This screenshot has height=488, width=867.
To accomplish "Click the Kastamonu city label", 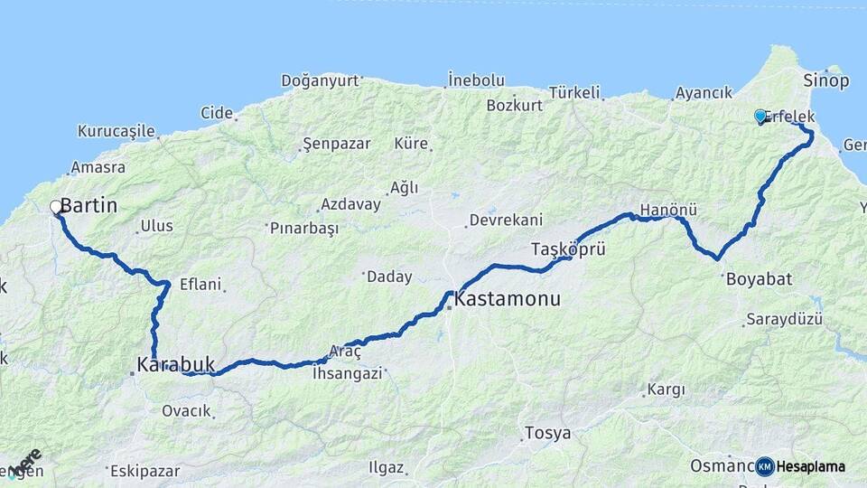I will [508, 298].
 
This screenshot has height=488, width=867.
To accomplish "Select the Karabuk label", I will [176, 365].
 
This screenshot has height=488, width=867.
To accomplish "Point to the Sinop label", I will [825, 81].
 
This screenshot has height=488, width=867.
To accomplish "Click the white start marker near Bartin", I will [56, 207].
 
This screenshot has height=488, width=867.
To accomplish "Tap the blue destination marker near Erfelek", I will [760, 116].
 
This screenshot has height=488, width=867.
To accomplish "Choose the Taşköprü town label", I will [568, 249].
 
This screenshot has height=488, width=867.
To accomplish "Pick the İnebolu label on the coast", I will [476, 80].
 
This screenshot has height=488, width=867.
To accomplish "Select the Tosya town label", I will [549, 434].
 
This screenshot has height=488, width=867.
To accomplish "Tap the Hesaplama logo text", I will [810, 466].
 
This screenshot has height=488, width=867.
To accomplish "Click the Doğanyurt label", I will [320, 80].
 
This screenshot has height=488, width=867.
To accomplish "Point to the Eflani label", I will [200, 285].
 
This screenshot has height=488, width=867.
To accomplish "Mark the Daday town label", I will [390, 277].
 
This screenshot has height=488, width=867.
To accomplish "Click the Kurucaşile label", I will [117, 131].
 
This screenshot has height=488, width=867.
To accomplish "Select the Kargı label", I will [667, 390].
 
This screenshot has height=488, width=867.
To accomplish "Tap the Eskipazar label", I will [145, 471].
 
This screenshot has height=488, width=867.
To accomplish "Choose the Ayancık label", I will [704, 93].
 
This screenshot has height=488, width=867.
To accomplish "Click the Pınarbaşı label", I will [304, 229].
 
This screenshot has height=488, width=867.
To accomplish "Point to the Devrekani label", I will [506, 221].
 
